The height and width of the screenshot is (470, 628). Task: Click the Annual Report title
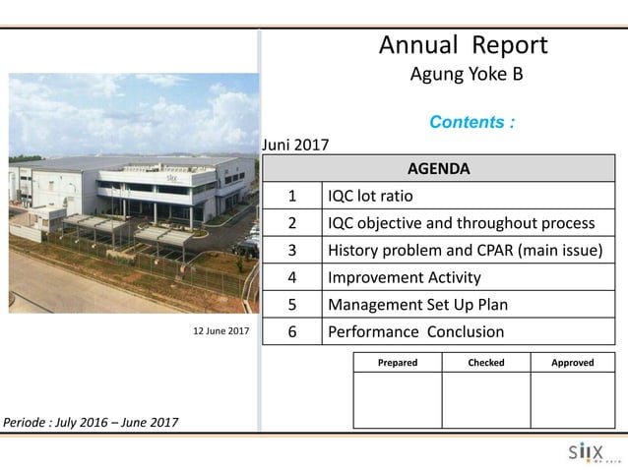(463, 45)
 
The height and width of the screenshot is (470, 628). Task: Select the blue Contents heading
(471, 123)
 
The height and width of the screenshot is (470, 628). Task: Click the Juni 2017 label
(295, 147)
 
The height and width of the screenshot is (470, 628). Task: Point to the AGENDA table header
(438, 168)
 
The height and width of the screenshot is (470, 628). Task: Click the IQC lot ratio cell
(370, 195)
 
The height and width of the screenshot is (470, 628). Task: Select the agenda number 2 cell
(292, 222)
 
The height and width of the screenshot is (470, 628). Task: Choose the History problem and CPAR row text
(465, 250)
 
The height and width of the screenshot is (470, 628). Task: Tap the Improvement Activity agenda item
(404, 277)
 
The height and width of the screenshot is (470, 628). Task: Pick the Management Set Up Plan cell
(417, 305)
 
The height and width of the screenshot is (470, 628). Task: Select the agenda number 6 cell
(292, 332)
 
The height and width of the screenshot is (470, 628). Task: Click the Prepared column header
(397, 363)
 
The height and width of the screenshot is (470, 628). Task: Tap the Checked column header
(485, 363)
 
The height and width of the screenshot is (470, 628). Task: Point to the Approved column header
(573, 363)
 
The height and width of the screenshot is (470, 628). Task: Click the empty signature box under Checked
(485, 399)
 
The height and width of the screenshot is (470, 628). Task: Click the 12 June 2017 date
(220, 331)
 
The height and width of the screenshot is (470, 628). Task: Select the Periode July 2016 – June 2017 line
(91, 423)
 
